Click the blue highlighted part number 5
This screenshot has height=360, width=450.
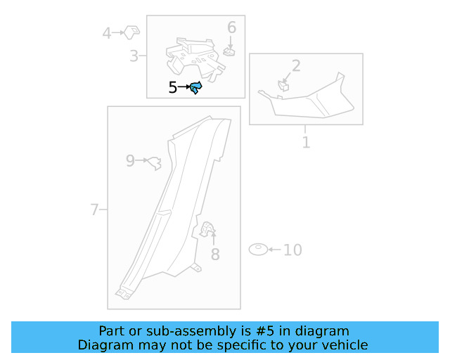point(196,87)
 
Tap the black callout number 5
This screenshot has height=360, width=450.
point(172,87)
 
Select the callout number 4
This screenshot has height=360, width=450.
point(107,33)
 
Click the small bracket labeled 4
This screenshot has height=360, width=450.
point(131,32)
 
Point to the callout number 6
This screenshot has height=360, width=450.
point(231,27)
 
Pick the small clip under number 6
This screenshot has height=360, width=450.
point(230,51)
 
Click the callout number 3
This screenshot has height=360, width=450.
point(134,56)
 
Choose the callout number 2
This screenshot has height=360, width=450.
point(296,65)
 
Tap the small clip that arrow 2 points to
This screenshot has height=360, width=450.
point(283,86)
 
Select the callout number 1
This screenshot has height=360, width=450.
point(307,143)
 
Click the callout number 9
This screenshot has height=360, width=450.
point(130,161)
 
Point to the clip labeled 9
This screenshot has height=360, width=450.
point(155,163)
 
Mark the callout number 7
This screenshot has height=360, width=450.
point(94,210)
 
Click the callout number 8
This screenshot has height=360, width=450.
point(215,255)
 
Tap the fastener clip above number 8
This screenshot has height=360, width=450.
point(207,229)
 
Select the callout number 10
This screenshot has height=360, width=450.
point(292,250)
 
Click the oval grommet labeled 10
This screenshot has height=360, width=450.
point(258,249)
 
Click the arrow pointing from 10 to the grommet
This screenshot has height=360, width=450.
point(274,250)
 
